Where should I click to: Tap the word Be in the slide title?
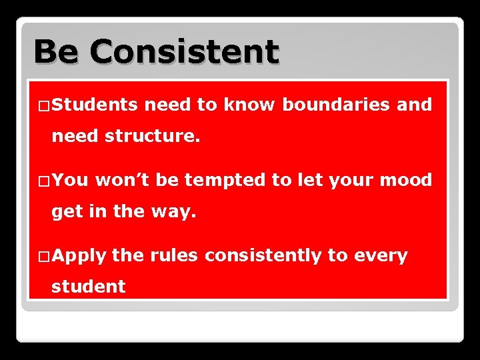click(x=55, y=51)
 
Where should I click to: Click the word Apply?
click(x=79, y=256)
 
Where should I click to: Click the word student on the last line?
click(x=89, y=287)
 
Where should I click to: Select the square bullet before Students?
click(x=43, y=105)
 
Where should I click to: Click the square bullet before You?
click(x=43, y=181)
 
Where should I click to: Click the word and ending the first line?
click(x=415, y=105)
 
